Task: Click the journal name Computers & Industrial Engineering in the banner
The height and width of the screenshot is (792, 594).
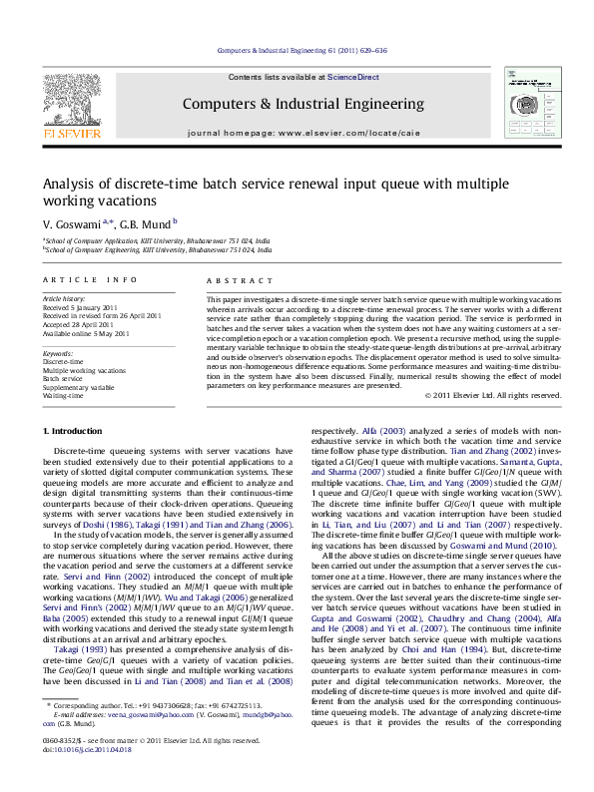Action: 297,103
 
